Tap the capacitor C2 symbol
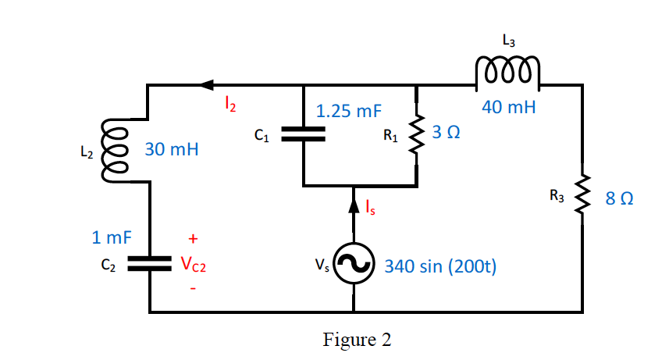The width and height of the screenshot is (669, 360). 148,265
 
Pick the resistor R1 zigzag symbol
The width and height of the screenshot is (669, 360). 417,135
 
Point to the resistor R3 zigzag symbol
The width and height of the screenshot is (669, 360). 582,198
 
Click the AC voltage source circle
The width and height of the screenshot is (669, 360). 354,265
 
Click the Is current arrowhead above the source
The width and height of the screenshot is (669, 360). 354,205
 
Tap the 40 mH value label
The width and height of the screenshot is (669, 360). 508,107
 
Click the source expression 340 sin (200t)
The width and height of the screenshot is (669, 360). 441,266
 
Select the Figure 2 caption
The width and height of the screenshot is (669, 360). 357,340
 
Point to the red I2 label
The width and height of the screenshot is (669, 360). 229,101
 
